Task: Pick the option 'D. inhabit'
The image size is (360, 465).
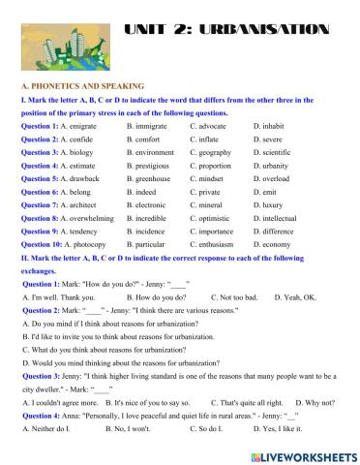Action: click(270, 126)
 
